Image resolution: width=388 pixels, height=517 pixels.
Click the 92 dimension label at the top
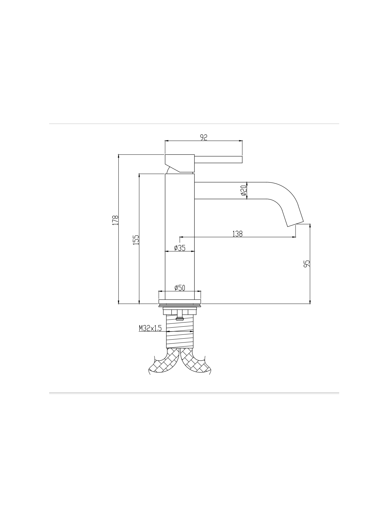(x=204, y=137)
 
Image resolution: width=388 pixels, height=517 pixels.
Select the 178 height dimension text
(x=115, y=220)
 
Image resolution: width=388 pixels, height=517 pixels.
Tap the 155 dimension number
(x=136, y=240)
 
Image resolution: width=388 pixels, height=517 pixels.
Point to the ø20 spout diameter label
(x=243, y=190)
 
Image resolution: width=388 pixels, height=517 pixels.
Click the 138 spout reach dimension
(x=237, y=234)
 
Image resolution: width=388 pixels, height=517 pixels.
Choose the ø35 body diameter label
(x=180, y=248)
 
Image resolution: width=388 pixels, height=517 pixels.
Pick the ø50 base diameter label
(x=180, y=288)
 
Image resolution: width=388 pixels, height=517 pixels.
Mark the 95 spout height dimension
(x=307, y=264)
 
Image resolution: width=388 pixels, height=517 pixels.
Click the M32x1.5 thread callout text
(x=150, y=328)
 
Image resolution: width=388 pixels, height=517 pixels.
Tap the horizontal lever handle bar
(x=218, y=159)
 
